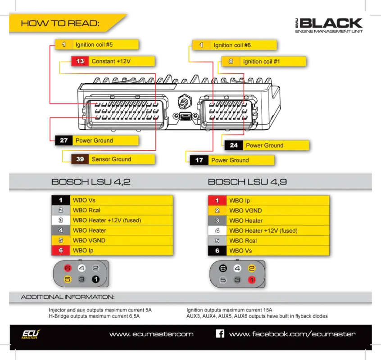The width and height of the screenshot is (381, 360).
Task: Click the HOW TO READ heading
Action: tap(60, 23)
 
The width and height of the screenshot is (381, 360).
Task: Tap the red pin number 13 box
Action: tap(80, 61)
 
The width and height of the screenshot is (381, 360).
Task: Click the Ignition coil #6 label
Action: tap(232, 45)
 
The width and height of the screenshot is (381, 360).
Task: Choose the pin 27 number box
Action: tap(63, 140)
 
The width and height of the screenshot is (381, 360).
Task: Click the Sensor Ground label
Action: tap(111, 159)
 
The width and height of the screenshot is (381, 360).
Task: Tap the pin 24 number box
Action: tap(234, 145)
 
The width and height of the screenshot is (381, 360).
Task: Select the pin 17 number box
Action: tap(199, 160)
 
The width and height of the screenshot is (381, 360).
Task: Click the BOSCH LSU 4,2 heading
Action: tap(91, 182)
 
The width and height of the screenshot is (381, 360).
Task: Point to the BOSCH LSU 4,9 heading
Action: tap(247, 182)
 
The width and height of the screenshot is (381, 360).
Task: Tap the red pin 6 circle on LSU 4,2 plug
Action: tap(68, 268)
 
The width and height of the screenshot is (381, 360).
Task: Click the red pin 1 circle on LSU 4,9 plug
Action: tap(252, 279)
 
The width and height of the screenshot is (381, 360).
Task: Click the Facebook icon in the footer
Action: tap(220, 333)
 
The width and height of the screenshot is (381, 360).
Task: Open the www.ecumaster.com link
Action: tap(151, 334)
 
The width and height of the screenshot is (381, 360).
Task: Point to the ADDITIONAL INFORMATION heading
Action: tap(68, 297)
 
